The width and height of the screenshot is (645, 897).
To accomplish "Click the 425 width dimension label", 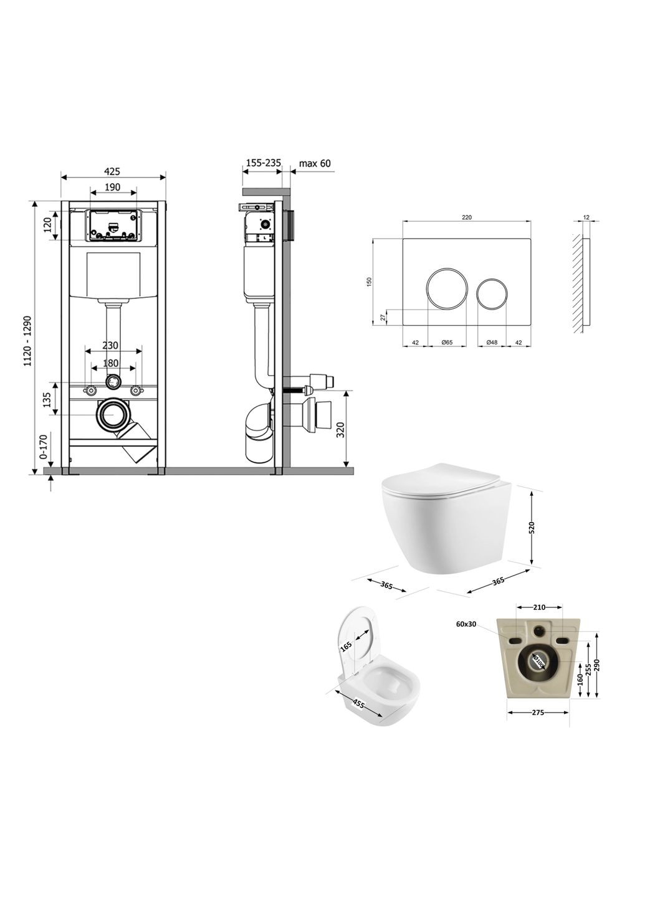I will (112, 171).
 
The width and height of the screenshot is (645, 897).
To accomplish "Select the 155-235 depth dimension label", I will (263, 163).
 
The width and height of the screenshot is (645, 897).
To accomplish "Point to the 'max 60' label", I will (315, 164).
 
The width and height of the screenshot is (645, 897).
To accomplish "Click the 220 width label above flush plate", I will (467, 217).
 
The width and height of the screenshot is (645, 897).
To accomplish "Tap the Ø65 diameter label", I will (446, 342).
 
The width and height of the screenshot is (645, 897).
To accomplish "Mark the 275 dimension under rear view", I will (538, 713).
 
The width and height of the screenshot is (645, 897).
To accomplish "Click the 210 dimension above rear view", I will (540, 607).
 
